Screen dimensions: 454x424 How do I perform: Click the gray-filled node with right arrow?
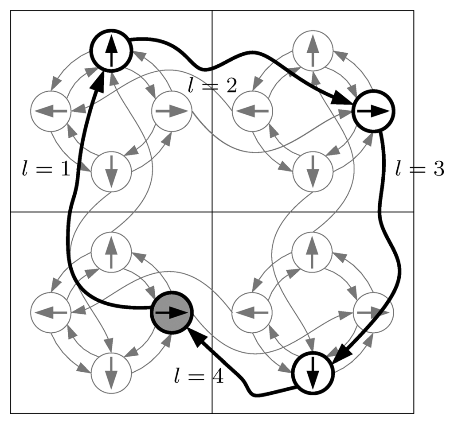[172, 312]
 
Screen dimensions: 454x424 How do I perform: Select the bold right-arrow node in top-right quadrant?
[373, 111]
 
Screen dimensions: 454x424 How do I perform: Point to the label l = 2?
[212, 86]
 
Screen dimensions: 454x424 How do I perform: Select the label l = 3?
[419, 169]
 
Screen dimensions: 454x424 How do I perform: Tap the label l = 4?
[198, 377]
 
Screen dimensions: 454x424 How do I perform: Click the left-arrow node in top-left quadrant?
[51, 111]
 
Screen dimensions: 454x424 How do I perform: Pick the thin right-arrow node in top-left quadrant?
[172, 111]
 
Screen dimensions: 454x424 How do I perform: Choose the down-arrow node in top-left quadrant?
[111, 171]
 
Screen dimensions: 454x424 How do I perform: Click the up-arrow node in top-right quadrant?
[313, 50]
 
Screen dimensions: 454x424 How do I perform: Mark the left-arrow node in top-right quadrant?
[252, 111]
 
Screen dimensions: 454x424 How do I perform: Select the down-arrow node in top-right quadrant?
[313, 171]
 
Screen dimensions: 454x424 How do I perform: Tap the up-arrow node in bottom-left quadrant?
[111, 252]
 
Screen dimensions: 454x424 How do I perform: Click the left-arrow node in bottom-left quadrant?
[51, 312]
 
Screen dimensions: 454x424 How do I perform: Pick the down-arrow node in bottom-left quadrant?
[111, 373]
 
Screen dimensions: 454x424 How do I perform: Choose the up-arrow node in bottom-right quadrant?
[313, 252]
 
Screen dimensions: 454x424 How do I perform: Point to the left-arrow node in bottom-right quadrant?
[252, 312]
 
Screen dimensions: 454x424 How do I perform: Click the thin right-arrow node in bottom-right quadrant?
[373, 312]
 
